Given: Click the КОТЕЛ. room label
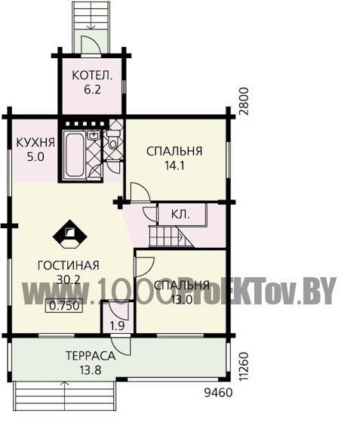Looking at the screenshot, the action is click(x=92, y=76).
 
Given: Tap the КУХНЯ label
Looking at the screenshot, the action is click(x=35, y=143).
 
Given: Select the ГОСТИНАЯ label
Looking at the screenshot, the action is click(x=69, y=265).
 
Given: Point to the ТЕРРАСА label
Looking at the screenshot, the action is click(x=91, y=356).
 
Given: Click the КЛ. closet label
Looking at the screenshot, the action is click(x=180, y=215).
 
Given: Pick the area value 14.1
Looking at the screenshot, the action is click(x=174, y=165).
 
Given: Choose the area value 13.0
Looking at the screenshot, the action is click(x=182, y=299).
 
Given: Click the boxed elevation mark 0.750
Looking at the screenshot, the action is click(x=64, y=306).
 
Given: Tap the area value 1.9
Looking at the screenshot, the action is click(x=118, y=326).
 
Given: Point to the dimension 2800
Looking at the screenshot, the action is click(x=243, y=101).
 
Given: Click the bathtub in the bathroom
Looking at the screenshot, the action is click(x=74, y=155).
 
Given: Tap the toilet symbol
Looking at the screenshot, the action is click(x=113, y=139).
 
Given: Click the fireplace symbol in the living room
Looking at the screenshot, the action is click(x=70, y=234).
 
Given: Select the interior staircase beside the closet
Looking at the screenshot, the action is click(x=171, y=236).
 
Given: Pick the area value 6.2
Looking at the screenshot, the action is click(x=92, y=90).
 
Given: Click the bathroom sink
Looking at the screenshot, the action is click(x=94, y=135).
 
